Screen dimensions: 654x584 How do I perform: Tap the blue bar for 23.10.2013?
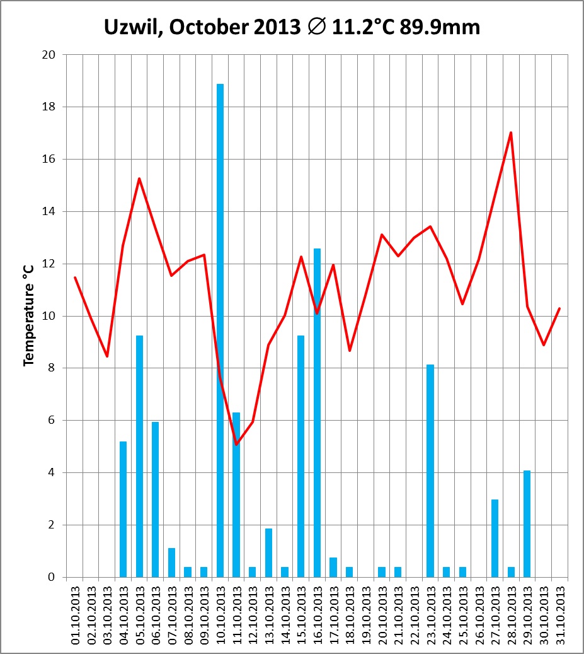[x=430, y=470]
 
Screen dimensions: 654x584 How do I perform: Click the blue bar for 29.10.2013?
[x=527, y=523]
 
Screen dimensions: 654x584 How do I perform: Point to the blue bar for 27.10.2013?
[x=495, y=538]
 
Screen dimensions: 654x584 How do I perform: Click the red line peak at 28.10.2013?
[x=511, y=132]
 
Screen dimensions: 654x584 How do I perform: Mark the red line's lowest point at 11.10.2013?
[x=236, y=445]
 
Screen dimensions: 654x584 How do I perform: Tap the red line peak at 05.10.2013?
[x=139, y=178]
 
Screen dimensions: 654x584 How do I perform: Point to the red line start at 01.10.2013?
[x=75, y=277]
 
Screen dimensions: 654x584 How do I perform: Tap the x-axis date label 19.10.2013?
[x=366, y=612]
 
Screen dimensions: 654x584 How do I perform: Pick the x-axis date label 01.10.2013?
[x=75, y=612]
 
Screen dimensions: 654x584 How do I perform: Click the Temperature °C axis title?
[x=28, y=315]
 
